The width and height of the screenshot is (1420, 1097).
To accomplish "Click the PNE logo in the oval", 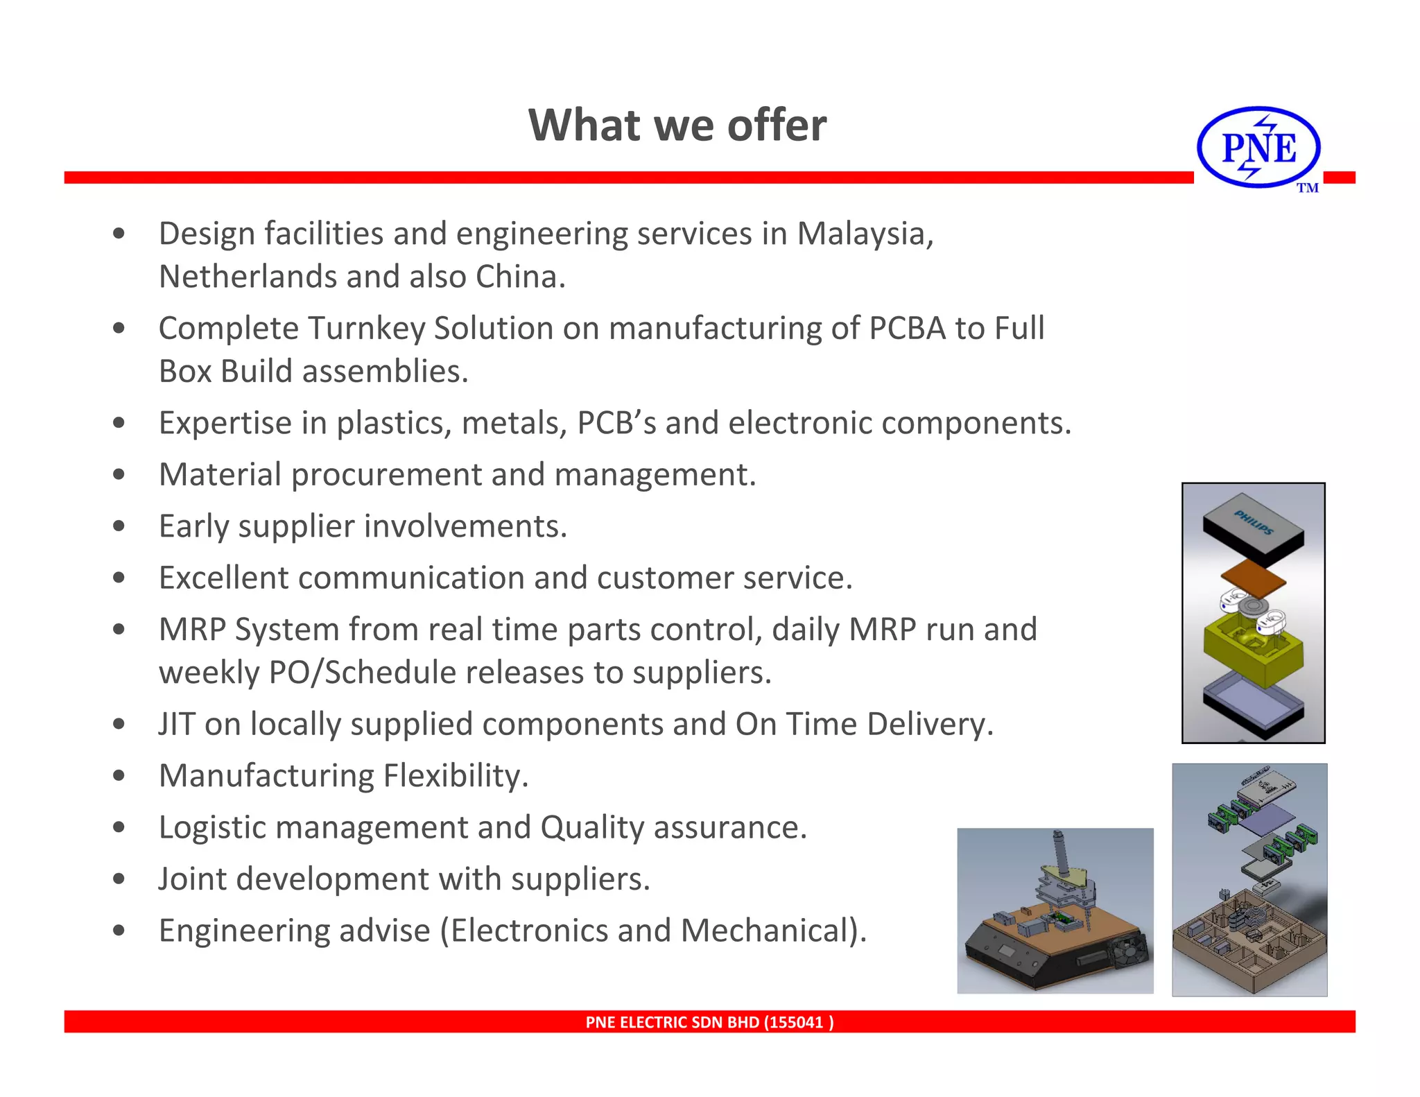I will click(1258, 147).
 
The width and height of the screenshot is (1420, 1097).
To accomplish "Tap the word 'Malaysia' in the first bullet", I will click(863, 234).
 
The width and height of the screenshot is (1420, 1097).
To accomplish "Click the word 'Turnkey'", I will click(366, 328).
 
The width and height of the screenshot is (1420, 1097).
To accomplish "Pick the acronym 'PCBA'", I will click(907, 328).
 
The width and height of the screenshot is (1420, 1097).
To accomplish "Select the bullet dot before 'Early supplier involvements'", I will click(119, 526).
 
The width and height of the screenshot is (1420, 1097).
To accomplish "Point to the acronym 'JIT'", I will click(177, 724).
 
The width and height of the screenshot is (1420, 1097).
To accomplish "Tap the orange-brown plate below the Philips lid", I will click(1253, 578).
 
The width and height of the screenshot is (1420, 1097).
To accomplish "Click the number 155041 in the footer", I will click(797, 1022).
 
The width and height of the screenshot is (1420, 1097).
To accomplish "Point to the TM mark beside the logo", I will click(1307, 188).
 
